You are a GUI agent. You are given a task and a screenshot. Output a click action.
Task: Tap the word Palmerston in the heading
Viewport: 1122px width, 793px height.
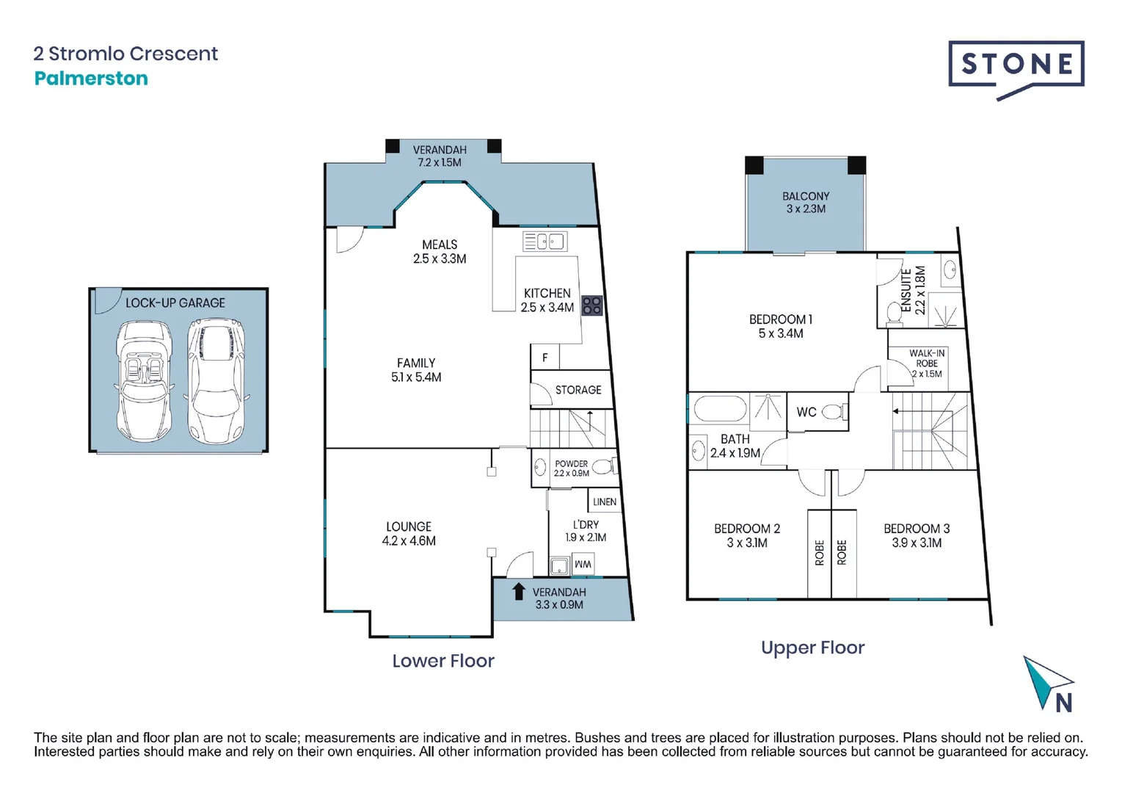pyautogui.click(x=91, y=78)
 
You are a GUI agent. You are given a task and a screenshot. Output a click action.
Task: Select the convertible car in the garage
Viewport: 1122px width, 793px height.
pyautogui.click(x=145, y=382)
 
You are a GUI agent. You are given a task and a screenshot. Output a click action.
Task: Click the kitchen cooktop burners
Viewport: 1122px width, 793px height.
pyautogui.click(x=591, y=305)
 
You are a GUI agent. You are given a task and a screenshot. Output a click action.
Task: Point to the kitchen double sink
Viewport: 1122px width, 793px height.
pyautogui.click(x=545, y=242)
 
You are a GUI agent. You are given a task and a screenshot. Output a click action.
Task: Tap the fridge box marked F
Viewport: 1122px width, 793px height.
pyautogui.click(x=545, y=358)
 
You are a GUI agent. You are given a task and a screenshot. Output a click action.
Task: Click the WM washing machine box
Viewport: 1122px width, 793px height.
pyautogui.click(x=583, y=565)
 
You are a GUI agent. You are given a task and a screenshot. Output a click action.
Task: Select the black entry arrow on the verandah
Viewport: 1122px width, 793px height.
pyautogui.click(x=518, y=591)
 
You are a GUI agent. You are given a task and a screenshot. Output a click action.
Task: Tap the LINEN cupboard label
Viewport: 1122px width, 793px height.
pyautogui.click(x=605, y=501)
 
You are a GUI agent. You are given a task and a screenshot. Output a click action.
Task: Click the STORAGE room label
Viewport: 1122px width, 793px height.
pyautogui.click(x=578, y=389)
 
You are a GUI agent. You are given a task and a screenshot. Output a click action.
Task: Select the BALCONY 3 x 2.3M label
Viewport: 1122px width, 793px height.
pyautogui.click(x=806, y=203)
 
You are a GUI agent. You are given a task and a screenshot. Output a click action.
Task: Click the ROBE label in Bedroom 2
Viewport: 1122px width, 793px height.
pyautogui.click(x=820, y=552)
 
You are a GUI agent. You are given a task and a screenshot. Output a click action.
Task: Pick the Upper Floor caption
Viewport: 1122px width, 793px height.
pyautogui.click(x=812, y=648)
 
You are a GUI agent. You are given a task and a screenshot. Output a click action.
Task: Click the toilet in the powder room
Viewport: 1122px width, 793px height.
pyautogui.click(x=604, y=467)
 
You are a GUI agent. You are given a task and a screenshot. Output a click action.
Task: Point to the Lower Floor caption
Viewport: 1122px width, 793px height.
pyautogui.click(x=442, y=661)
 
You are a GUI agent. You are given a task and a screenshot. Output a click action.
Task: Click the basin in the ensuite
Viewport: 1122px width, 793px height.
pyautogui.click(x=950, y=271)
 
